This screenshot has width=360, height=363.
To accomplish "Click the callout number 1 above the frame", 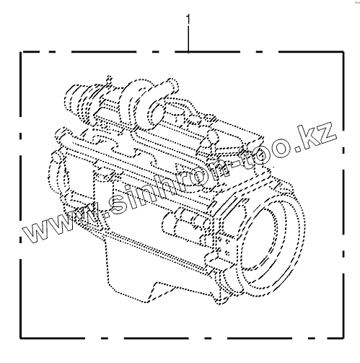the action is pos(188,19).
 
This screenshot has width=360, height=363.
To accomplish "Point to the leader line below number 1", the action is pos(188,39).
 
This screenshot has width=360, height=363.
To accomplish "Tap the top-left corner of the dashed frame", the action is pos(21,52).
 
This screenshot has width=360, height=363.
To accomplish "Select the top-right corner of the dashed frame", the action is pos(343,52).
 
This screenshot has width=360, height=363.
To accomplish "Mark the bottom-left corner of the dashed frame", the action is pos(21,338).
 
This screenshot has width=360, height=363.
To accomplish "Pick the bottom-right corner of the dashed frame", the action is pos(343,338).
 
